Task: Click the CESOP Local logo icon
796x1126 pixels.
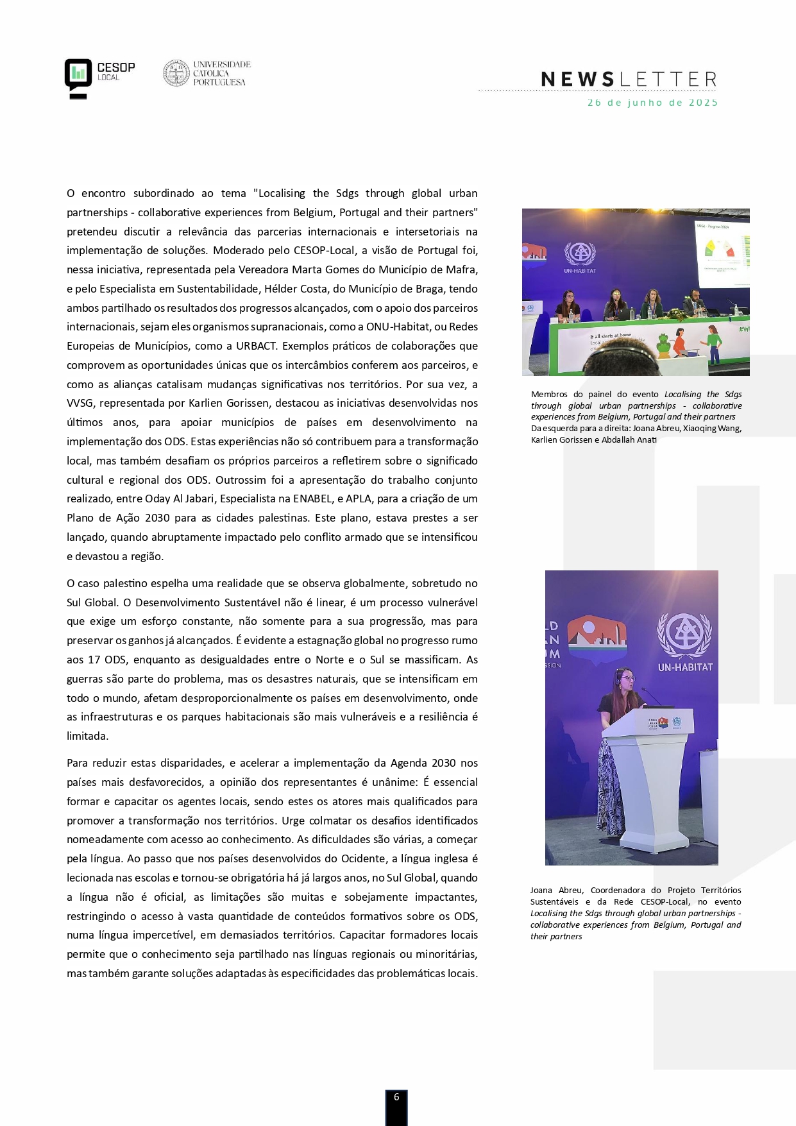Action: [78, 76]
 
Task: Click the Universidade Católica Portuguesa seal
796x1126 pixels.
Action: [176, 73]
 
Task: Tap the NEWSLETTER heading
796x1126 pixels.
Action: [629, 80]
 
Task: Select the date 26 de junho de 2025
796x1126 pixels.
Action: [652, 103]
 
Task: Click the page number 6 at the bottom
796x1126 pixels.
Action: [396, 1097]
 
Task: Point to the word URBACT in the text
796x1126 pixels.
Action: [256, 346]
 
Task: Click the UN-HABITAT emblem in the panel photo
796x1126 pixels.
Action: [580, 255]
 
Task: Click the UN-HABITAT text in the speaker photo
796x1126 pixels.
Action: [685, 667]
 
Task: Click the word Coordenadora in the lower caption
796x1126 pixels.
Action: [618, 891]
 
